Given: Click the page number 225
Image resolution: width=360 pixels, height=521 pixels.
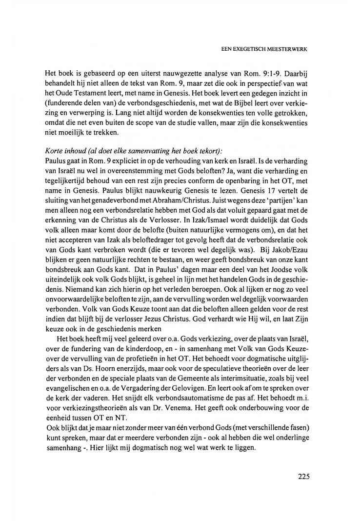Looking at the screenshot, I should (x=303, y=477).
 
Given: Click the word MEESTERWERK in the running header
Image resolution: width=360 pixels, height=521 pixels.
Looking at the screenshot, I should (x=287, y=49).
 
